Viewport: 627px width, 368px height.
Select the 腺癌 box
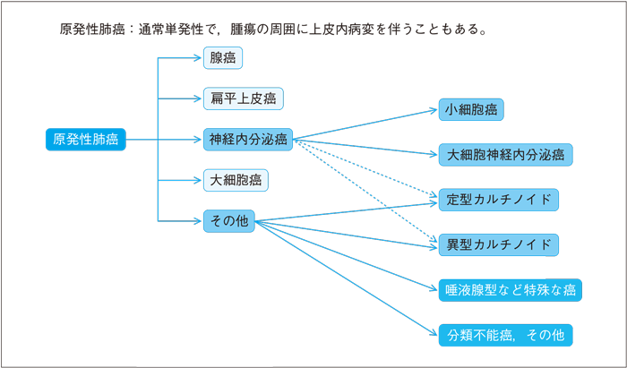pyautogui.click(x=223, y=59)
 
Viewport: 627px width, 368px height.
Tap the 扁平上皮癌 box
pyautogui.click(x=243, y=98)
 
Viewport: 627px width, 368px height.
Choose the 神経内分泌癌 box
pyautogui.click(x=248, y=139)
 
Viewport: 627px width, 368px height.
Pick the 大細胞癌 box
pyautogui.click(x=236, y=179)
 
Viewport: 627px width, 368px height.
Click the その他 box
pyautogui.click(x=228, y=219)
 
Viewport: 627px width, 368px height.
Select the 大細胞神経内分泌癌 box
pyautogui.click(x=505, y=154)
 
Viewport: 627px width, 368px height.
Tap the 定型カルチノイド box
pyautogui.click(x=498, y=199)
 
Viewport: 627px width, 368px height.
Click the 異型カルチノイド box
pyautogui.click(x=498, y=244)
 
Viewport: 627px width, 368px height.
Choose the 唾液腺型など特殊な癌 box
pyautogui.click(x=511, y=290)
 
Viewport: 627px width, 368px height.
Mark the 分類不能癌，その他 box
pyautogui.click(x=504, y=335)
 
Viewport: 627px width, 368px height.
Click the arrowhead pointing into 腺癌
pyautogui.click(x=199, y=59)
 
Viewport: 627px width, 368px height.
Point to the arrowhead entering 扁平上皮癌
pyautogui.click(x=199, y=98)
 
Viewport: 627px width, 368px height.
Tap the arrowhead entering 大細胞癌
pyautogui.click(x=199, y=179)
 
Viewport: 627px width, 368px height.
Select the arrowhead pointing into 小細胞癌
pyautogui.click(x=434, y=111)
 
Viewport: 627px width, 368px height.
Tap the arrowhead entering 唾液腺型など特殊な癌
pyautogui.click(x=434, y=289)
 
